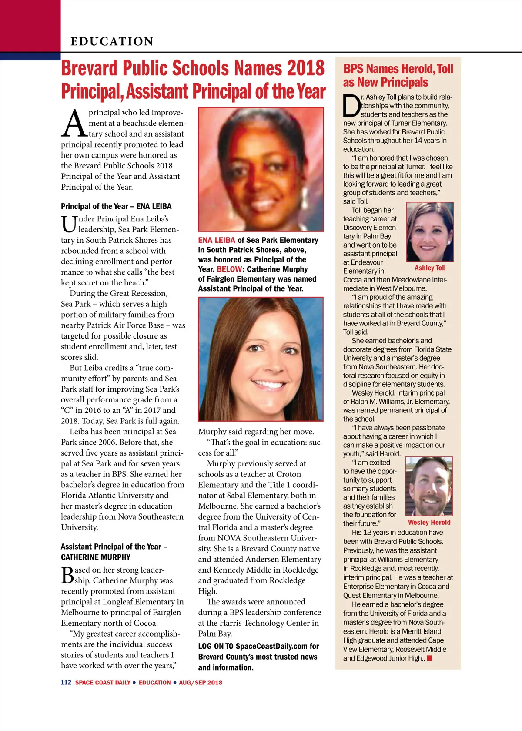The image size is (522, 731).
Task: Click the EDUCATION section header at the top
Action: [112, 41]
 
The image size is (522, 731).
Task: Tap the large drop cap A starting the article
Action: [74, 124]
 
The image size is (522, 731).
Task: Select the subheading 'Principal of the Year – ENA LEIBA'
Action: [116, 206]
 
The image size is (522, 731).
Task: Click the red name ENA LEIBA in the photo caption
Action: [217, 240]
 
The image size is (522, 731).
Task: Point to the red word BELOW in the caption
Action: [229, 269]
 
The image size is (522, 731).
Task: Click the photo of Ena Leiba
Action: [261, 169]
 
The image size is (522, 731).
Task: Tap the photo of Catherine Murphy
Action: [261, 359]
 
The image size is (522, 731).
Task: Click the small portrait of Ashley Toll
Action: [430, 231]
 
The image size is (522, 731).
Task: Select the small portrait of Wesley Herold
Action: [429, 486]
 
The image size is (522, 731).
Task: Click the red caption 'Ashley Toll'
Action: [430, 268]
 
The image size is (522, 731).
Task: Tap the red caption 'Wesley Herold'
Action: [429, 523]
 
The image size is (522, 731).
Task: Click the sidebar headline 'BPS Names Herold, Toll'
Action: [398, 69]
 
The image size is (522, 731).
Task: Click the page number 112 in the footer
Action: [66, 682]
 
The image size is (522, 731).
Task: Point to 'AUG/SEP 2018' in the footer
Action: [201, 682]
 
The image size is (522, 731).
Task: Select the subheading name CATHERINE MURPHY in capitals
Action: [96, 557]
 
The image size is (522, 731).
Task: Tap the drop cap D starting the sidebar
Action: [351, 106]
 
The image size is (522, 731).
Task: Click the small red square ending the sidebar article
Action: [430, 658]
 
